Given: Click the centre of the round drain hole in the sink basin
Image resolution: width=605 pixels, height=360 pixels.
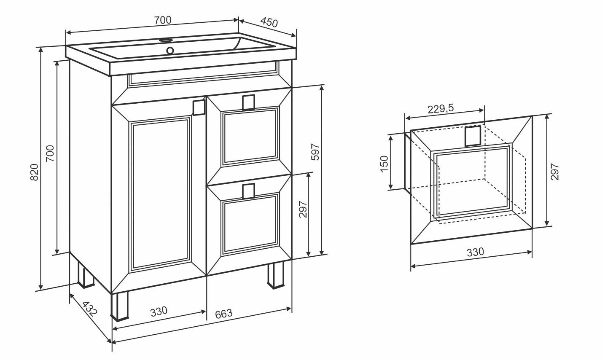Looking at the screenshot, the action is pos(170,50).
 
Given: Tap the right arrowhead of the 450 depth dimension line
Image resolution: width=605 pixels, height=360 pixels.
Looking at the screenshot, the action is pos(293,35).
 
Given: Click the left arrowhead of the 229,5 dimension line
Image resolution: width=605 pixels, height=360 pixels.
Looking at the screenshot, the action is pos(408,118).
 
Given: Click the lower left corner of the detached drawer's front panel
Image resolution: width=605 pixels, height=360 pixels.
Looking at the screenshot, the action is pos(411,244).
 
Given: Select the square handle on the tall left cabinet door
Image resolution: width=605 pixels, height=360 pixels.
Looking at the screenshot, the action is pos(199,107).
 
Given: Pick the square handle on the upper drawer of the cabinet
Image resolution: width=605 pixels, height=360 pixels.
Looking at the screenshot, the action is pos(248,102).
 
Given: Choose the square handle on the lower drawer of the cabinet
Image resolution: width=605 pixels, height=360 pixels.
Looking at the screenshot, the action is pos(248,191).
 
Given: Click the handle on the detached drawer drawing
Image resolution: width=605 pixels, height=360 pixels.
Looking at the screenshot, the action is pos(472,136).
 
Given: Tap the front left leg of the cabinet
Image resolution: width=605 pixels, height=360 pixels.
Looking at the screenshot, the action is pos(119,306).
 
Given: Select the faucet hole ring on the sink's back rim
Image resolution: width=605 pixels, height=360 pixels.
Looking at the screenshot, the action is pos(166,40).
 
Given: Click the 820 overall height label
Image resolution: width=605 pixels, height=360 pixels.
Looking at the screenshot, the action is pos(35,172).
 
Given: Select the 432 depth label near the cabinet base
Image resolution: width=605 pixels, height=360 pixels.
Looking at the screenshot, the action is pos(89,309).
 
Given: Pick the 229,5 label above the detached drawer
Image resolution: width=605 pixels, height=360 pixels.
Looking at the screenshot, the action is pos(441,109).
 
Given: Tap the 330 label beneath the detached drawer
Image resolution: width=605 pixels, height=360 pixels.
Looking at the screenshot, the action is pos(475,252).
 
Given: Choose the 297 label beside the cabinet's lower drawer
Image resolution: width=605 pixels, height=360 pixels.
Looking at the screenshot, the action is pos(303,209).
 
